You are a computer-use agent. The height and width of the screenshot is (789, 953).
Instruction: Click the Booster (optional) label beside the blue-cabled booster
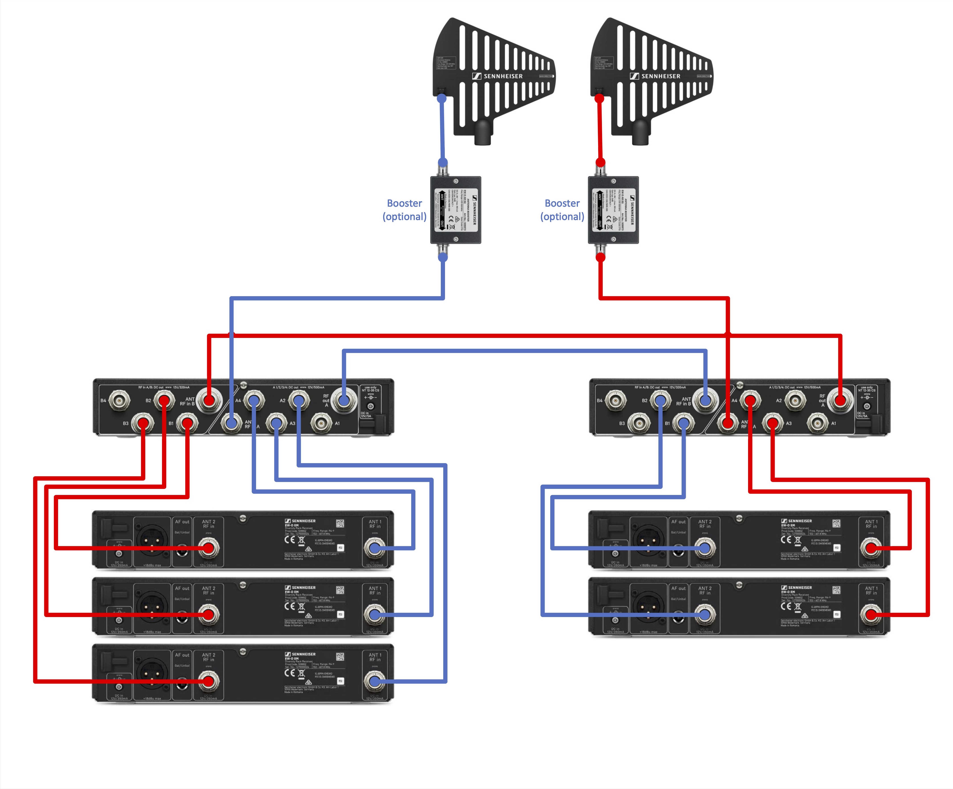[x=404, y=210]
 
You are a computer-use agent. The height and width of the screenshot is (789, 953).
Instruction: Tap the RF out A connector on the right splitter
[x=840, y=400]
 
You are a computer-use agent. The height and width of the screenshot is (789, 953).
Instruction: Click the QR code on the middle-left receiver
[x=340, y=590]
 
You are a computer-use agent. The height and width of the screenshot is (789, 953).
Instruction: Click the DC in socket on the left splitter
[x=371, y=407]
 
